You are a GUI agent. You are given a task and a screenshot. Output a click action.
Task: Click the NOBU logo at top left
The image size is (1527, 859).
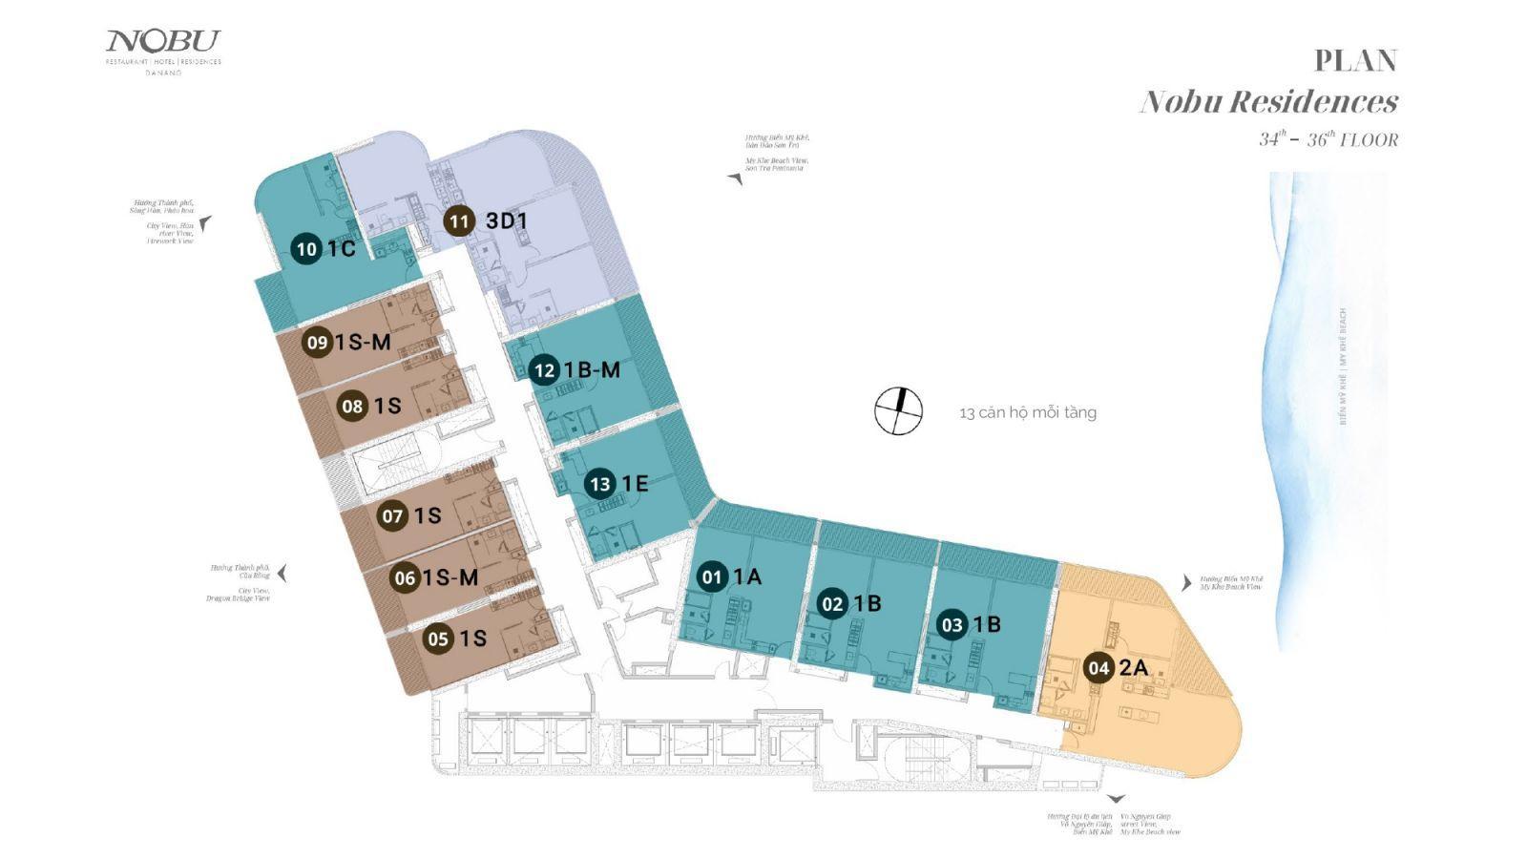pos(163,43)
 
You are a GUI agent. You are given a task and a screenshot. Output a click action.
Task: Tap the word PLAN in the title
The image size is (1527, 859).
pos(1355,60)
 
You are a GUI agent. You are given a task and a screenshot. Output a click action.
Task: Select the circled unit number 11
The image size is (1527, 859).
pos(459,221)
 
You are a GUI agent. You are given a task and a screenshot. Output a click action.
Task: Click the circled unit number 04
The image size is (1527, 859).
pos(1098,668)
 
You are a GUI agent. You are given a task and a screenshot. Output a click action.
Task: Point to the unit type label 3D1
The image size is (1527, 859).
pos(507,221)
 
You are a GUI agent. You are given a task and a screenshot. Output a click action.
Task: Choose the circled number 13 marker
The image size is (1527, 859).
pos(600,485)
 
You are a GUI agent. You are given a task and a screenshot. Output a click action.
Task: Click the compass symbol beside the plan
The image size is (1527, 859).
pos(899,411)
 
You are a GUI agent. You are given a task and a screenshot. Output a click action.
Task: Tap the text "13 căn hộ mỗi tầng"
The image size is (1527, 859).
pos(1028,413)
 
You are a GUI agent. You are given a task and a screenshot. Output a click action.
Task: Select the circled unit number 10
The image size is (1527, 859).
pos(307,250)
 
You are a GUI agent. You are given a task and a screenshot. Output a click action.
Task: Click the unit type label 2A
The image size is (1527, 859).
pos(1133,668)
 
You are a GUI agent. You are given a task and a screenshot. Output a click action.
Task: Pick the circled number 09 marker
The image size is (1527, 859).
pos(318,343)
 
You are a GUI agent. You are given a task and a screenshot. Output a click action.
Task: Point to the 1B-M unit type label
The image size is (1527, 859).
pos(592,370)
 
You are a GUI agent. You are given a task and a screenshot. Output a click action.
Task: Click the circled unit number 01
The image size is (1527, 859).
pos(712,576)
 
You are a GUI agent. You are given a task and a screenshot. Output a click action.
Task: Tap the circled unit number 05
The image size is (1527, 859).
pos(439,639)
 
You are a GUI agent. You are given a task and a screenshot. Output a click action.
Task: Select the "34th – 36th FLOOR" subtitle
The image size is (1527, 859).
pos(1328,139)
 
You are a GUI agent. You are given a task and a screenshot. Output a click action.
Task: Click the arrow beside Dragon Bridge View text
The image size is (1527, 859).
pos(282,574)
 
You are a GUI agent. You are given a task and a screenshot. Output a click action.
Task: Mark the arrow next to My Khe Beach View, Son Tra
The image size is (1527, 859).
pos(735,178)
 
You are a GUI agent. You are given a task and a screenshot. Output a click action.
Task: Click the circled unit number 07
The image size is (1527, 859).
pos(393,517)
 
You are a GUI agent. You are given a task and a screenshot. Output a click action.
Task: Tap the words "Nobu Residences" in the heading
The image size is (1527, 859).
pos(1269,101)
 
